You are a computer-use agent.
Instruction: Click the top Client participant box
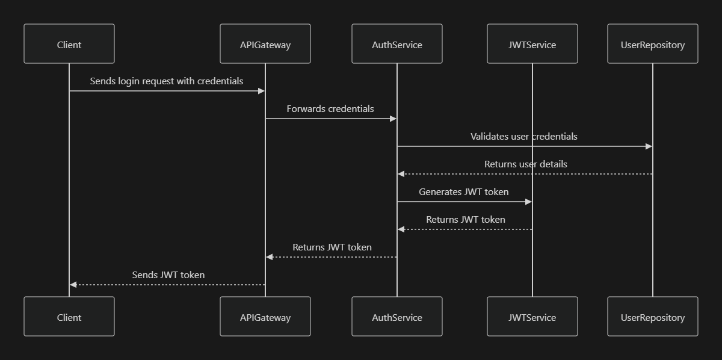pos(69,44)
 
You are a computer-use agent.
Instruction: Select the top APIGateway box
pos(265,44)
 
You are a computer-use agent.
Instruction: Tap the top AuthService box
pos(397,44)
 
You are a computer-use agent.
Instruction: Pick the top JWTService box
pos(532,44)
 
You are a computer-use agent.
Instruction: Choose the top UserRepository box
pos(653,44)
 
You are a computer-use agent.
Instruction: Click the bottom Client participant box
pos(69,317)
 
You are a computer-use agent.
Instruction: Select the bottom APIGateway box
pos(265,317)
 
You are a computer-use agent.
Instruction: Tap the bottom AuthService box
pos(397,317)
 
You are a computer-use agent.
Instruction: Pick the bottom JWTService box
pos(532,317)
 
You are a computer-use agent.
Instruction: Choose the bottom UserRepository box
pos(653,317)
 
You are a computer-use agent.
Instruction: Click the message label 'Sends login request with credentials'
pos(167,81)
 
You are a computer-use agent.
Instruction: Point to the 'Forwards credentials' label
pos(330,108)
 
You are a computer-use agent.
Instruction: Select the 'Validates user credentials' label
pos(524,136)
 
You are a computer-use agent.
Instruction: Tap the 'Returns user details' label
pos(526,164)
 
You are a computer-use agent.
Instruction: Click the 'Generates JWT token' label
pos(464,191)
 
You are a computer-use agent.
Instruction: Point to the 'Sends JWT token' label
pos(168,275)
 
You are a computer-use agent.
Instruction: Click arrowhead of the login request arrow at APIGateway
pos(262,91)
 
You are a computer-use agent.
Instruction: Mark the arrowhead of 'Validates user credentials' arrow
pos(649,146)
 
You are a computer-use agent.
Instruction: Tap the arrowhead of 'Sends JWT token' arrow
pos(73,285)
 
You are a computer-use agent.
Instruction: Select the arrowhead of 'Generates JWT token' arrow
pos(529,202)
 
